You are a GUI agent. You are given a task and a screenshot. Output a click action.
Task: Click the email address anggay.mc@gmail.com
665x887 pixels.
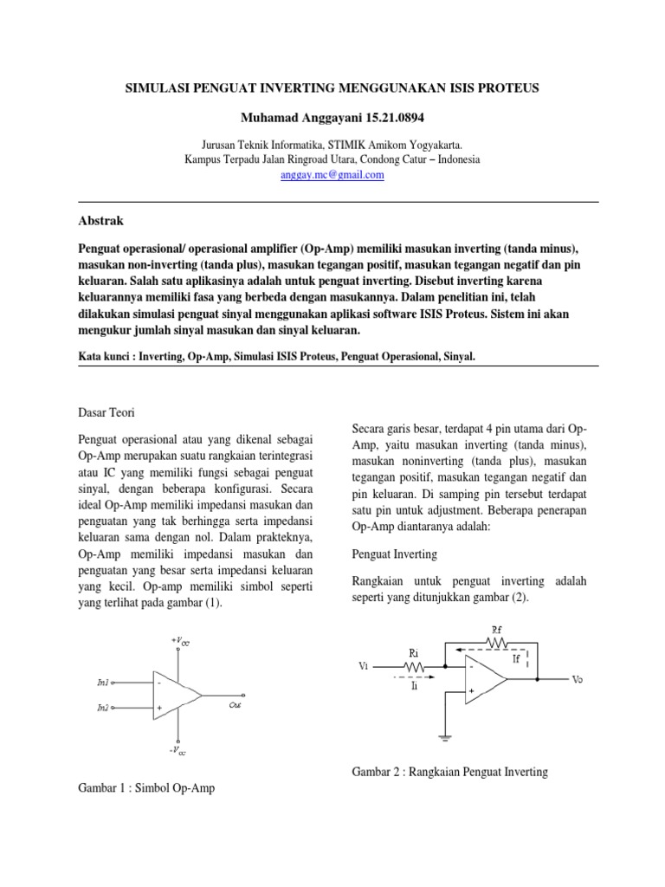coord(332,174)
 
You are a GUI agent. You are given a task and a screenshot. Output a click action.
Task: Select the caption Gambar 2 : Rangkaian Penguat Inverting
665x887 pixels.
coord(450,771)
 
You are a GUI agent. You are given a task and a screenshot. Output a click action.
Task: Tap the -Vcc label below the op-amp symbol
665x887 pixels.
coord(178,751)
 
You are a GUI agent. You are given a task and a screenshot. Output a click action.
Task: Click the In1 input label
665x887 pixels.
coord(103,683)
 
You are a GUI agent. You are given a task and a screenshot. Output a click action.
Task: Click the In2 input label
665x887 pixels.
coord(103,708)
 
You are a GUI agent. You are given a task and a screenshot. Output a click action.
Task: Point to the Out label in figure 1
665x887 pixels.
coord(235,706)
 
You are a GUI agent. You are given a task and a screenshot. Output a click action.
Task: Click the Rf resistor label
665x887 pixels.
coord(497,630)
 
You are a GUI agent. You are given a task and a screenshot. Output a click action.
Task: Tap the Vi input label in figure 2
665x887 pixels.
coord(363,666)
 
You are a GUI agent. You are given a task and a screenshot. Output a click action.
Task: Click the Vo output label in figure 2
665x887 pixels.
coord(578,680)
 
